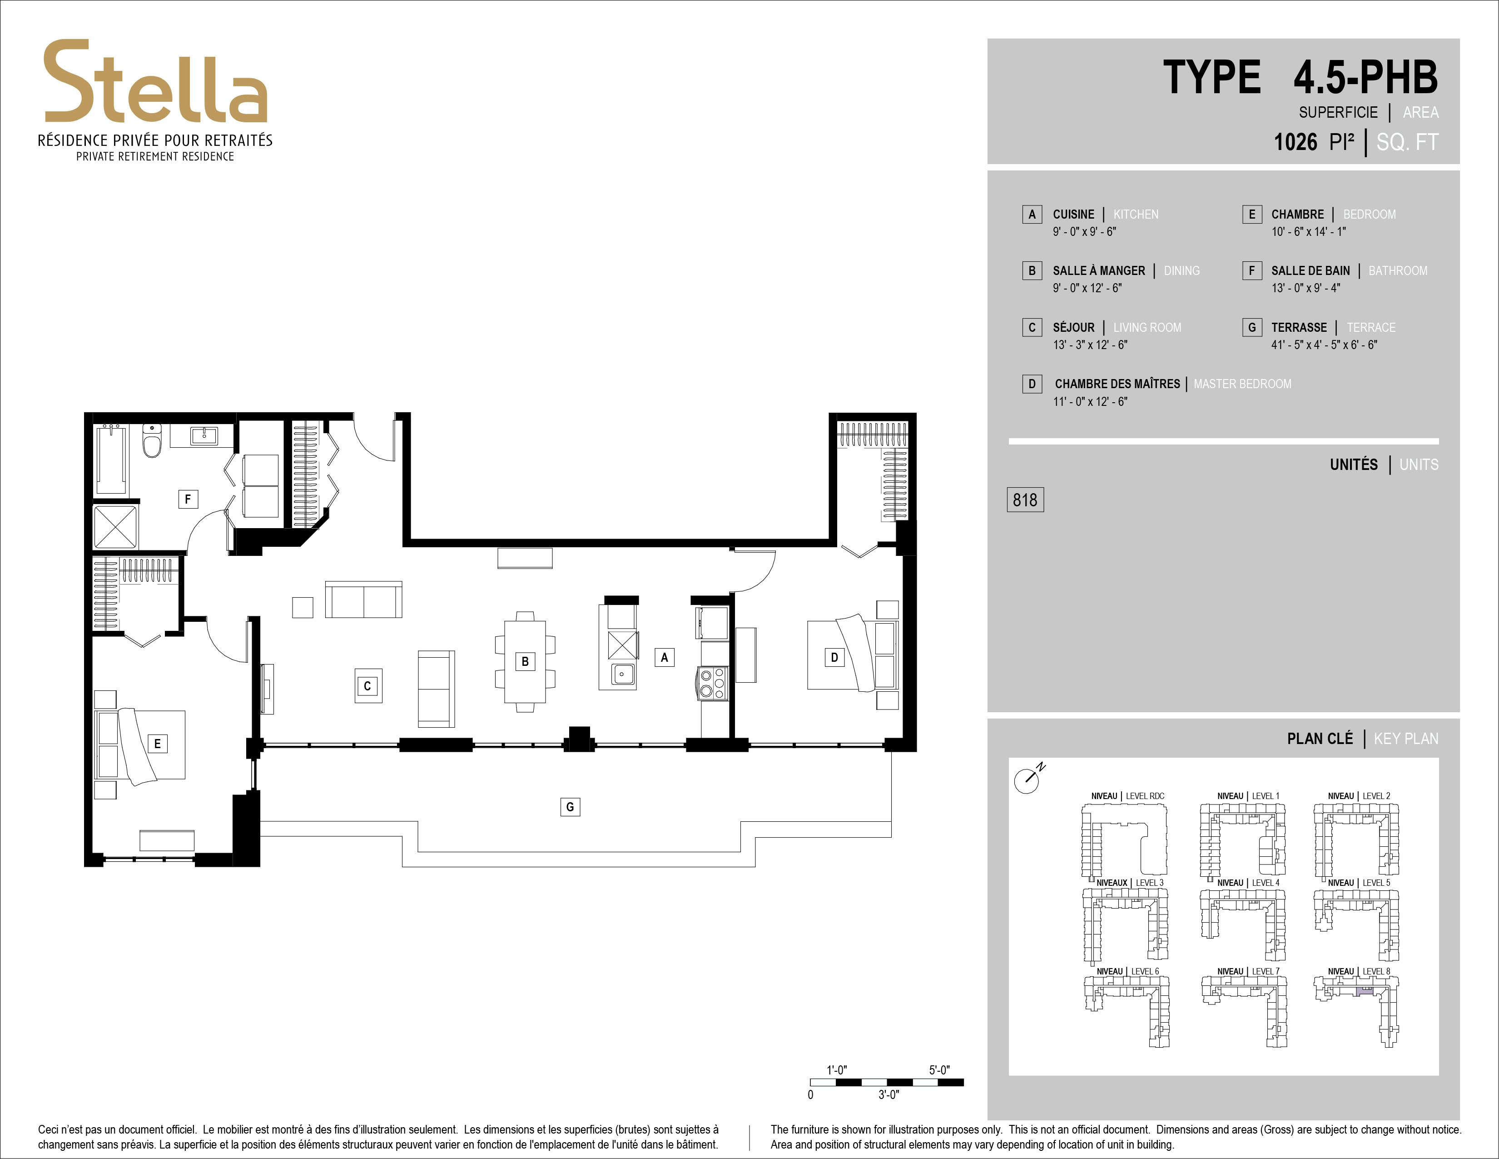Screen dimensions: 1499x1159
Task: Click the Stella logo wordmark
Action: (156, 82)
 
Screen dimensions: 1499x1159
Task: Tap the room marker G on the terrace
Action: (570, 807)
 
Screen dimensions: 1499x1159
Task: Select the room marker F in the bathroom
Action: (188, 499)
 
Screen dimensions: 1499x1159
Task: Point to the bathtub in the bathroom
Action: (111, 459)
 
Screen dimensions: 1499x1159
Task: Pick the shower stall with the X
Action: (115, 527)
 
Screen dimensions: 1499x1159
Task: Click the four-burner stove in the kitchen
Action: (712, 683)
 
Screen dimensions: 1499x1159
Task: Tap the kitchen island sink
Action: (622, 674)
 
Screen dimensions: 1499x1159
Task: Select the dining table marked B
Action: (525, 661)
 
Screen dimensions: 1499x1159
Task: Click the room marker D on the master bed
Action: (834, 657)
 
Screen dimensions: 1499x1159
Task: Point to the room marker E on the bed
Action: (158, 743)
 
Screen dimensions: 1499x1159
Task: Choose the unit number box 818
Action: (1025, 499)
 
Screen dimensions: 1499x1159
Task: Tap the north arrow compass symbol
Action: (1027, 779)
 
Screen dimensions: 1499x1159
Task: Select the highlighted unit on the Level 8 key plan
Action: (1365, 991)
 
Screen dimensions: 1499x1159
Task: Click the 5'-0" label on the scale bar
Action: (939, 1070)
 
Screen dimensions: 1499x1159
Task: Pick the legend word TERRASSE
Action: (1299, 328)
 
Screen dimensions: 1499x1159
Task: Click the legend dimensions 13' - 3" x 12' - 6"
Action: (1090, 345)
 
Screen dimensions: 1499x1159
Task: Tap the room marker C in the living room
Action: (367, 685)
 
